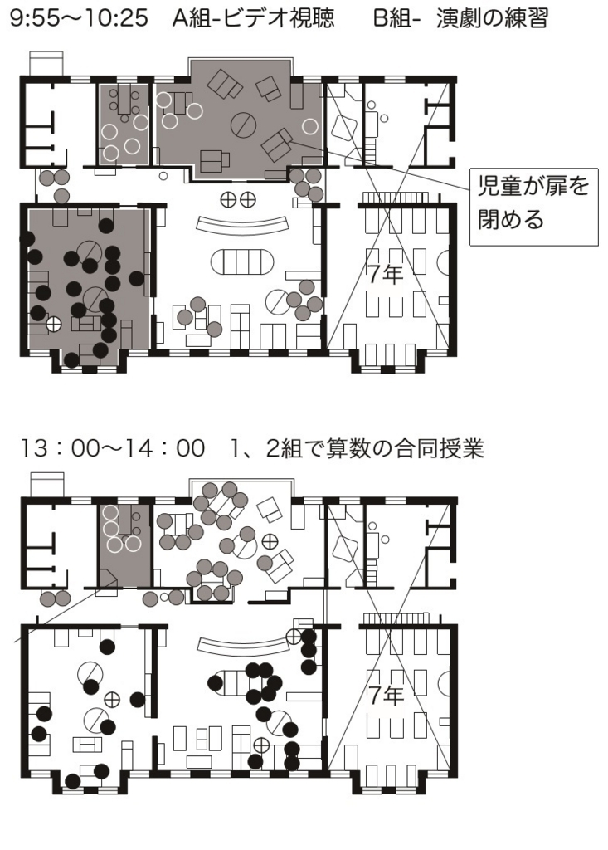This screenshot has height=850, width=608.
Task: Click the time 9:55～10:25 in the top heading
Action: point(79,18)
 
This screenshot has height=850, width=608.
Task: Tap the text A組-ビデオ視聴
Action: point(253,18)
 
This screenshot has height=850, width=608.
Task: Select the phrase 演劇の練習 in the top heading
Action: point(492,18)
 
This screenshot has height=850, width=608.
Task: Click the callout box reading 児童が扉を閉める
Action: point(533,207)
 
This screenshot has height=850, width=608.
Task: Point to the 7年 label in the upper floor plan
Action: point(385,274)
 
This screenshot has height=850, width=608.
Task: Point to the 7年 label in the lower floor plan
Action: point(385,695)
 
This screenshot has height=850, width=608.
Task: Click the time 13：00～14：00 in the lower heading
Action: point(112,449)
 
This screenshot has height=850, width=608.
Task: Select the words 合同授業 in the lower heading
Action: point(439,449)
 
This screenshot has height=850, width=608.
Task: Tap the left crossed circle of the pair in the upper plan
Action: point(229,199)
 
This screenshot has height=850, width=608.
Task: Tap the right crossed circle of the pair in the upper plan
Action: point(248,199)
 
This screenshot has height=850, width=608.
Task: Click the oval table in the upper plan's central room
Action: point(241,263)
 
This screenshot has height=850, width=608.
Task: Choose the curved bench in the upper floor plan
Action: point(241,224)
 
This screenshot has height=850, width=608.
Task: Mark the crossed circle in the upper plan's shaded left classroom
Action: point(54,325)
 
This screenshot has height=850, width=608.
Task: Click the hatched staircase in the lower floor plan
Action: point(396,618)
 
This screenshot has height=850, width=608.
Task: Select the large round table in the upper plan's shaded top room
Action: point(243,125)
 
